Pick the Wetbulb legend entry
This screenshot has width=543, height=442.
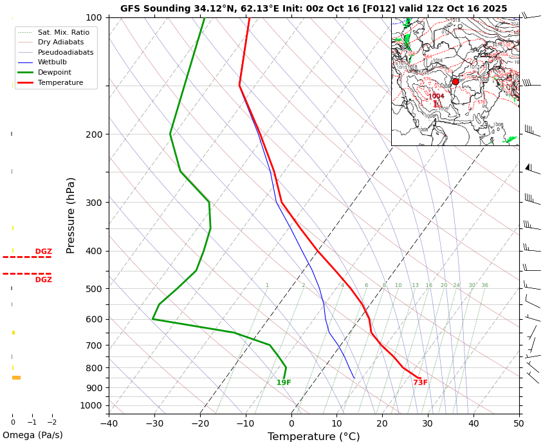tap(52, 62)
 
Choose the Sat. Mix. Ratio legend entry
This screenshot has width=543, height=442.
tap(63, 32)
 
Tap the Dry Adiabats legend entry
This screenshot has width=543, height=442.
tap(60, 42)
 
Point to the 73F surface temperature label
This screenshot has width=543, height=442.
tap(420, 383)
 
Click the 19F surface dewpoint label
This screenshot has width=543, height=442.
tap(284, 383)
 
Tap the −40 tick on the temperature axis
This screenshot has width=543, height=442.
tap(109, 423)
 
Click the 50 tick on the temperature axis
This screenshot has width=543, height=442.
tap(519, 423)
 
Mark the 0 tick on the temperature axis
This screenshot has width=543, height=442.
tap(291, 423)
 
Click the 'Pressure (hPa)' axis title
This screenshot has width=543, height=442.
tap(71, 215)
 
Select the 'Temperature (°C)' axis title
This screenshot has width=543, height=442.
tap(313, 436)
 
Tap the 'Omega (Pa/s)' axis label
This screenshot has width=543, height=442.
tap(33, 436)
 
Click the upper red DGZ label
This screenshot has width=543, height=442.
tap(43, 252)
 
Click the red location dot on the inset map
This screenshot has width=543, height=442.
tap(456, 82)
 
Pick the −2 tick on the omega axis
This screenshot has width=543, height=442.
tap(52, 423)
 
